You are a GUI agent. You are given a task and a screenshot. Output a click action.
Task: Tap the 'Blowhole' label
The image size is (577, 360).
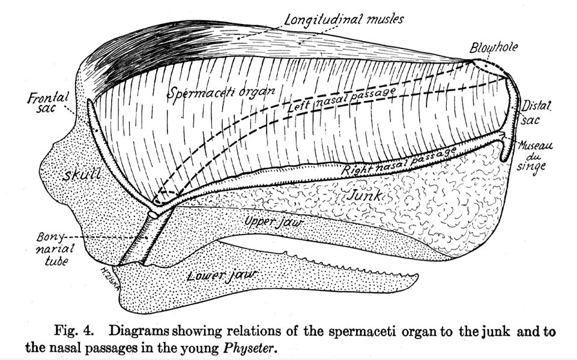[494, 47]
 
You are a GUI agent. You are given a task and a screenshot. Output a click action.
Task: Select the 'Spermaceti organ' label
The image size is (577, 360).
[221, 92]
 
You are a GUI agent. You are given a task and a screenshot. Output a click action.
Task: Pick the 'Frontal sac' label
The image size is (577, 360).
[48, 103]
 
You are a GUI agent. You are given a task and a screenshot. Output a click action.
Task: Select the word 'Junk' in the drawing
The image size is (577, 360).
[364, 195]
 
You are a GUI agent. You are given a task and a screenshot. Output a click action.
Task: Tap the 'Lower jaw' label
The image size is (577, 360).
[222, 275]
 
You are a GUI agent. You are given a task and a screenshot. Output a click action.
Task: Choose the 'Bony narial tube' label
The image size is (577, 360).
[55, 249]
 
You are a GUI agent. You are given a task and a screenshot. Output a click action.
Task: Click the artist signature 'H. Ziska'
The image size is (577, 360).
[110, 278]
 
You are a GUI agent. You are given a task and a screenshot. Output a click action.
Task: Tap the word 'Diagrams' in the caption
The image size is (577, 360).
[139, 331]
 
